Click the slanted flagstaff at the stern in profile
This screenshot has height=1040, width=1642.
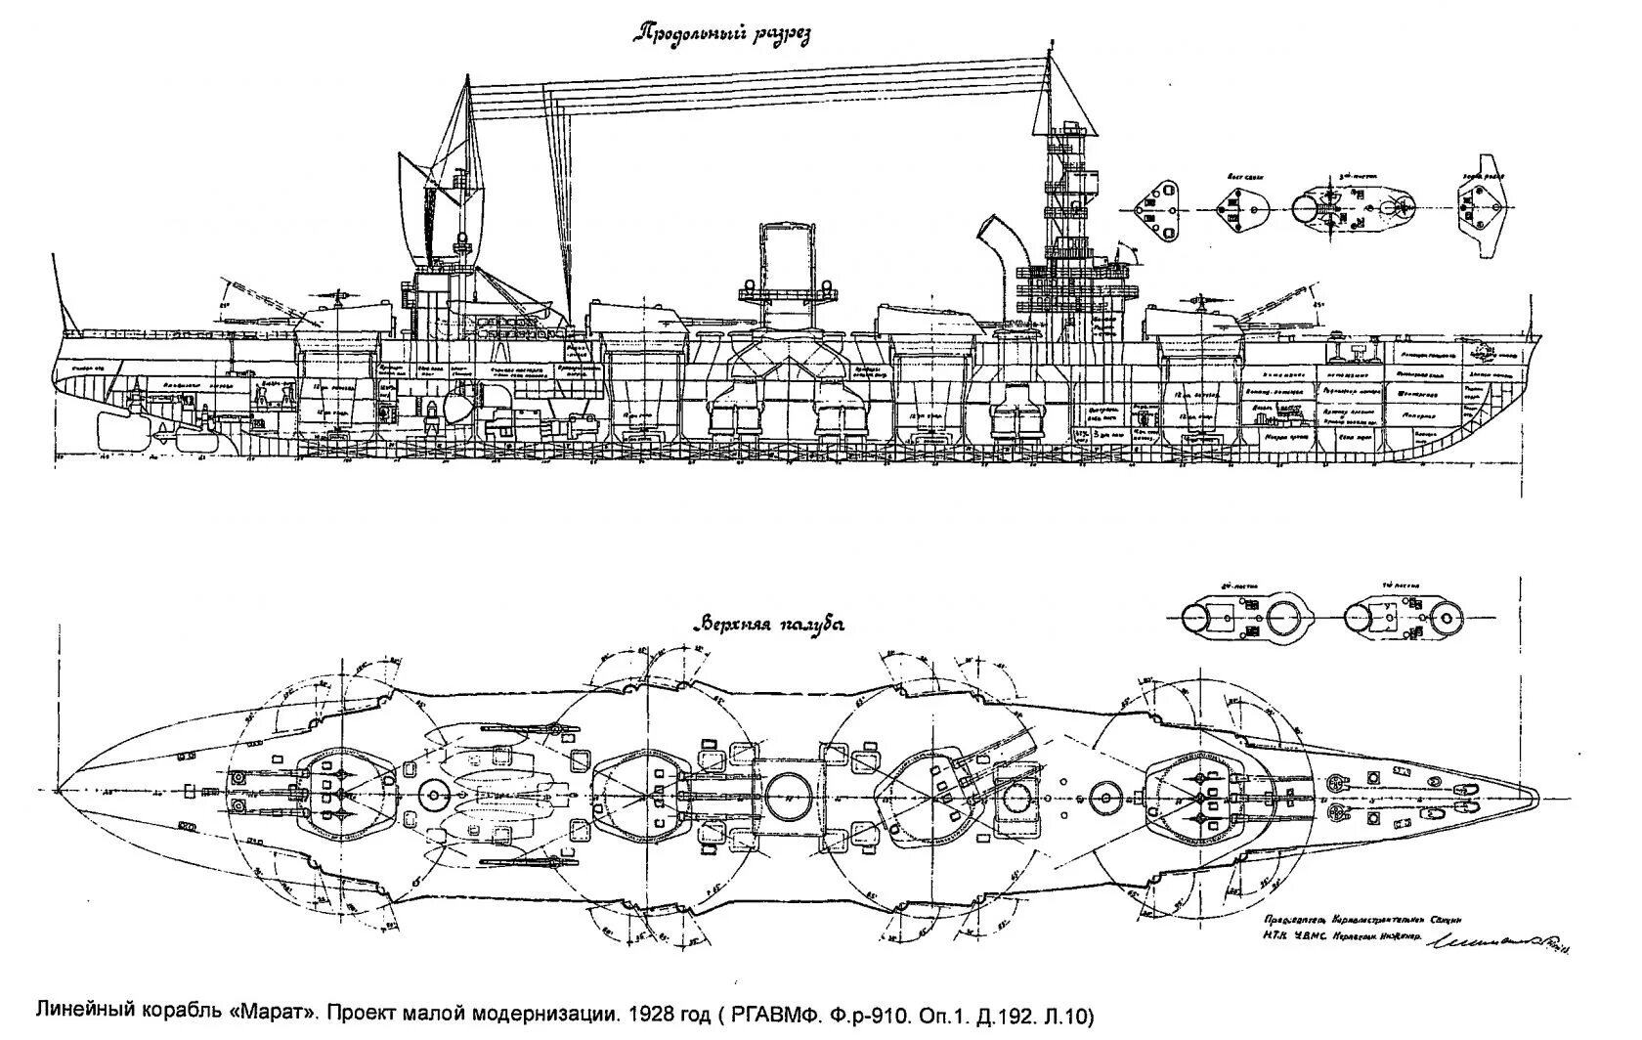pos(61,293)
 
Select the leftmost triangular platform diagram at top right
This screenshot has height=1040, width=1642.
pos(1155,211)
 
